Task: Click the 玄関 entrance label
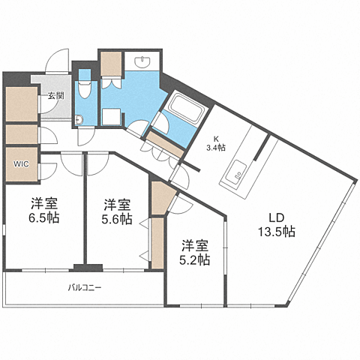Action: click(55, 95)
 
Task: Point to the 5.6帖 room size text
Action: click(118, 220)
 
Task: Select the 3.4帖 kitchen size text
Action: click(216, 148)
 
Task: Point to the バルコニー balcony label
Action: click(85, 288)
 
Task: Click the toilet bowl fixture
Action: click(86, 92)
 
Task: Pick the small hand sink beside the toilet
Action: click(79, 116)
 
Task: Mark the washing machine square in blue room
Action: click(112, 116)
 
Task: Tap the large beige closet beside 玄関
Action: click(20, 105)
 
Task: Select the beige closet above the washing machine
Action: click(112, 65)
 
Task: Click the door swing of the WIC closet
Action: click(46, 169)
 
